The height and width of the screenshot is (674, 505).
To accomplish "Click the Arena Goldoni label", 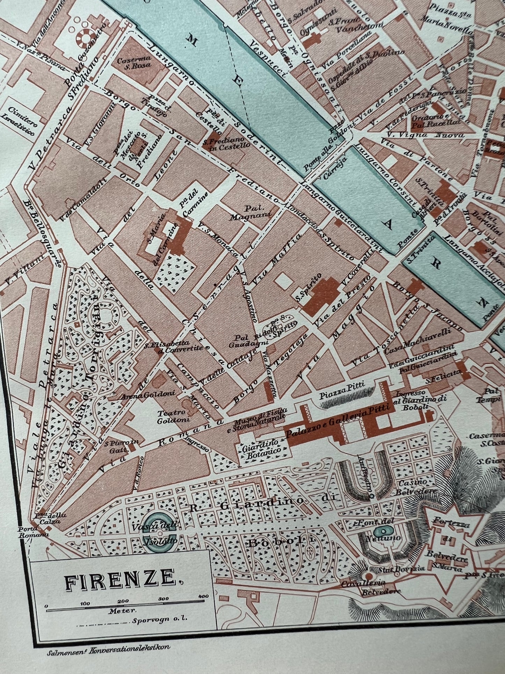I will [137, 397].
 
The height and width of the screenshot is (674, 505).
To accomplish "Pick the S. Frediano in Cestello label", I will [226, 144].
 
